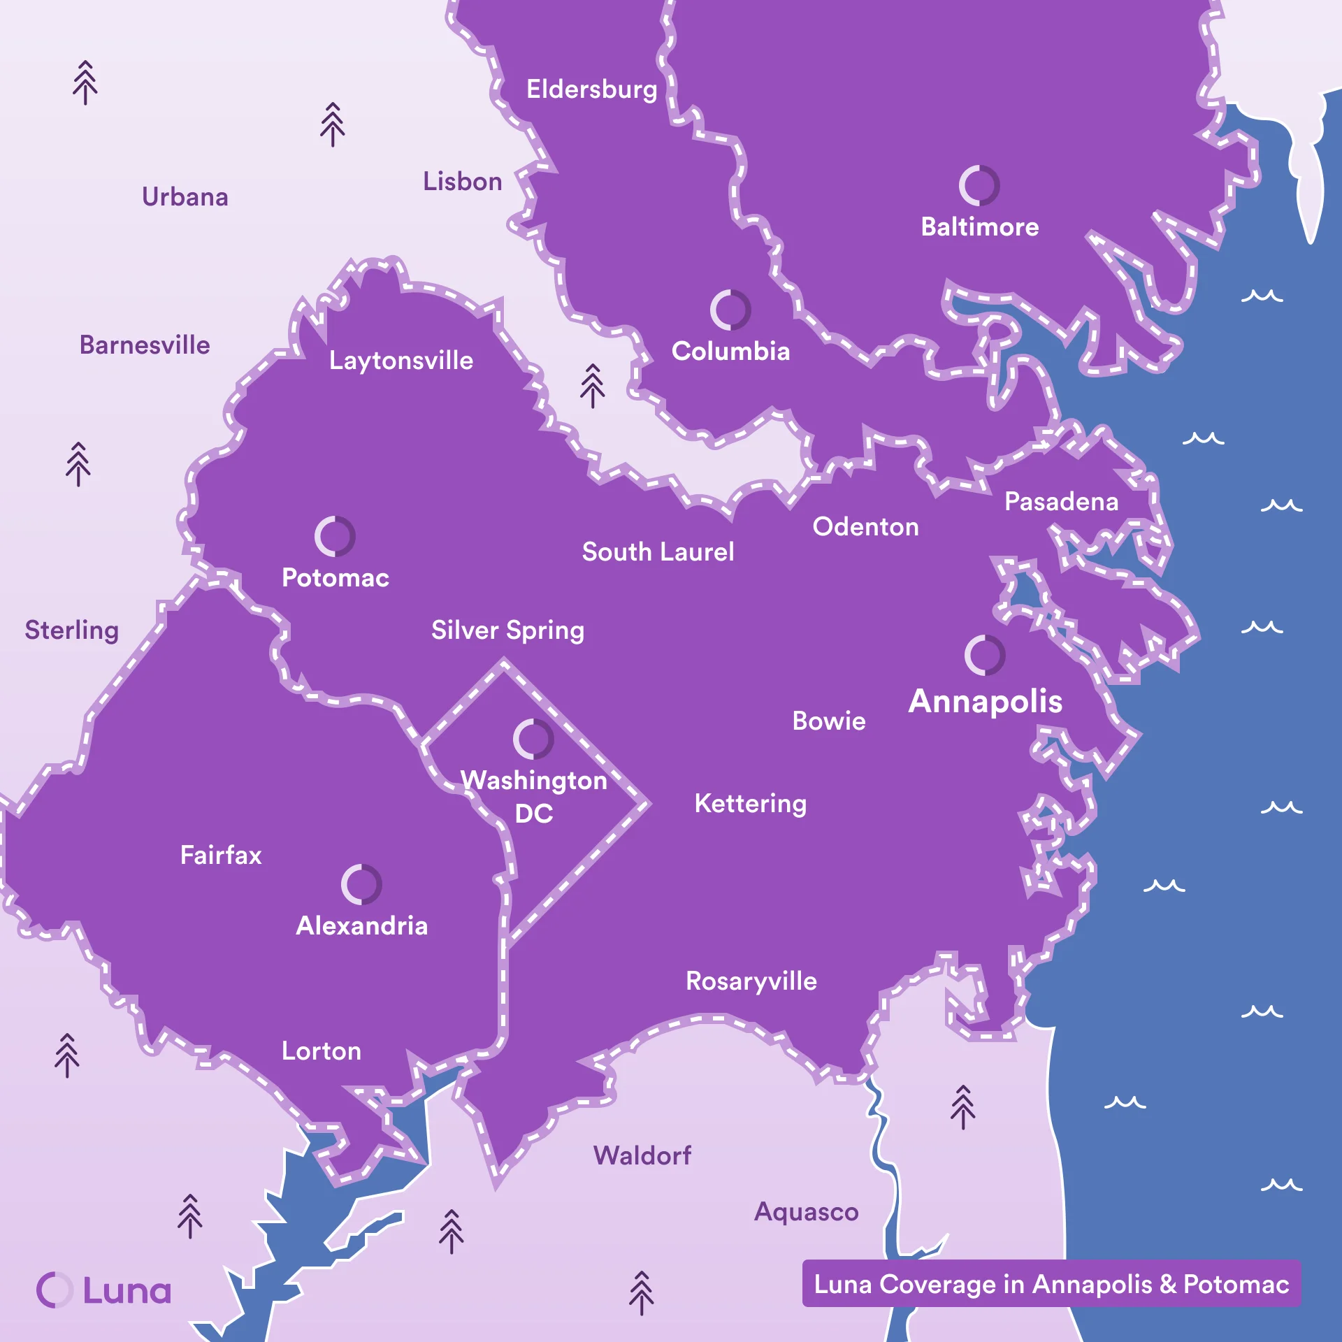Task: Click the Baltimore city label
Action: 979,227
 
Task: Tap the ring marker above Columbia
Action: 730,310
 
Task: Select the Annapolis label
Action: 985,701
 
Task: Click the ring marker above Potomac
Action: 335,536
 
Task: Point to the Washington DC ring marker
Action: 533,739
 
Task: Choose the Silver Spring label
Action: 507,630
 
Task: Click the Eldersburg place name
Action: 592,89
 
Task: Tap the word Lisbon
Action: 462,182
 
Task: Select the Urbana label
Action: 185,197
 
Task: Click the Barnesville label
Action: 145,345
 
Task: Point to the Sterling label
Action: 72,630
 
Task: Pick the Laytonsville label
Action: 401,361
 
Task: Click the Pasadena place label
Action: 1061,502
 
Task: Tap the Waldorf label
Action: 642,1155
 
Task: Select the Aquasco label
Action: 806,1211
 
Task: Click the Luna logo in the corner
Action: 103,1290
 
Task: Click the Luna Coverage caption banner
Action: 1051,1284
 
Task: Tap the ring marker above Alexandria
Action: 361,884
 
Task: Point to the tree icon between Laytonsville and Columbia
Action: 592,385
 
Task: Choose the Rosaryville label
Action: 751,981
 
